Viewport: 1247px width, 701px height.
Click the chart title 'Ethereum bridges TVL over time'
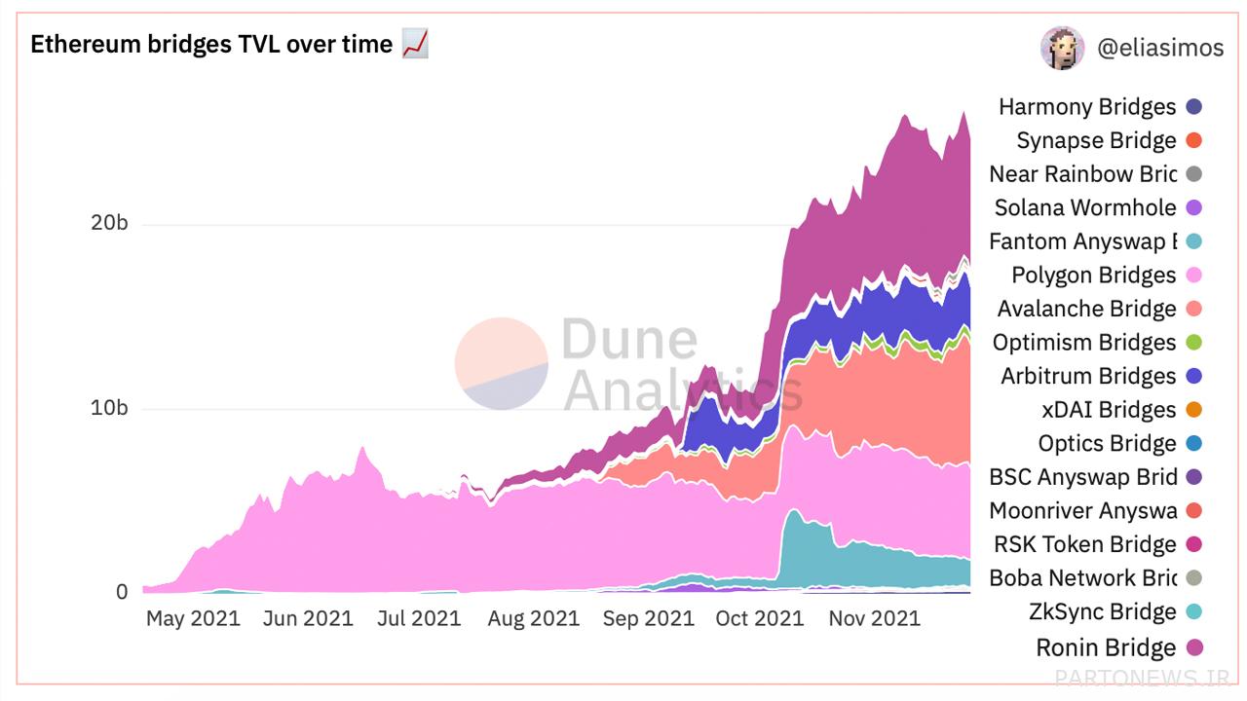[211, 45]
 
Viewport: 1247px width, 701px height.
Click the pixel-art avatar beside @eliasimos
[1062, 48]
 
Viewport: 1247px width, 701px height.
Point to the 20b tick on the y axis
[109, 223]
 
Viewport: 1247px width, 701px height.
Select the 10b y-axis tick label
[109, 408]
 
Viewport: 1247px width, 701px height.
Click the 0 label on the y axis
[122, 592]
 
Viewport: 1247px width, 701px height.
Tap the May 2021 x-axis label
[193, 618]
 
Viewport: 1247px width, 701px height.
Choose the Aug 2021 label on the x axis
[533, 618]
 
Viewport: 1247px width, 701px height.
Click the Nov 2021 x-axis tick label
[874, 618]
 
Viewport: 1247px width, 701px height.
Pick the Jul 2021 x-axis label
[418, 618]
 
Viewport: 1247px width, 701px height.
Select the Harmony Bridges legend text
[1087, 107]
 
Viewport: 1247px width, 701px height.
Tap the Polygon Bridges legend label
[1093, 276]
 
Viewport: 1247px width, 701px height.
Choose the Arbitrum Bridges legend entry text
[1088, 376]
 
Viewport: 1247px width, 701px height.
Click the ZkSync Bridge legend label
[1102, 611]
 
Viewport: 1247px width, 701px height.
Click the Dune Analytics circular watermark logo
[502, 363]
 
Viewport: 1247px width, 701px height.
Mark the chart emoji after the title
[415, 44]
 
